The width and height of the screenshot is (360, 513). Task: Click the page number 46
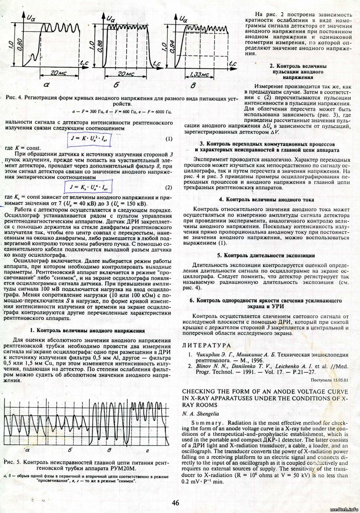pos(176,503)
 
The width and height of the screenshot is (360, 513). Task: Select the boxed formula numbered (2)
pos(89,187)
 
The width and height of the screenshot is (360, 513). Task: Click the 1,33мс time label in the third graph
pos(199,75)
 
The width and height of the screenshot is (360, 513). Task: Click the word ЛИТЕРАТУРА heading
pos(206,345)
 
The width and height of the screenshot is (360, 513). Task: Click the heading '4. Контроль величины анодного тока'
pos(266,199)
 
